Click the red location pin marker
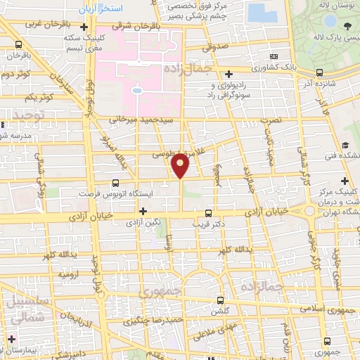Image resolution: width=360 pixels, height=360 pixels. pos(181,165)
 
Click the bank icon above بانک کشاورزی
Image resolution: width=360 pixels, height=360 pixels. pos(274,56)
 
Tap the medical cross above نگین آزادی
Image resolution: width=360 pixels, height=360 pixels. pos(143,210)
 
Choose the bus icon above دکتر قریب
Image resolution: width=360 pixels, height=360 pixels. pos(207,212)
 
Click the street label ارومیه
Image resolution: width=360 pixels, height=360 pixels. pos(67,274)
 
